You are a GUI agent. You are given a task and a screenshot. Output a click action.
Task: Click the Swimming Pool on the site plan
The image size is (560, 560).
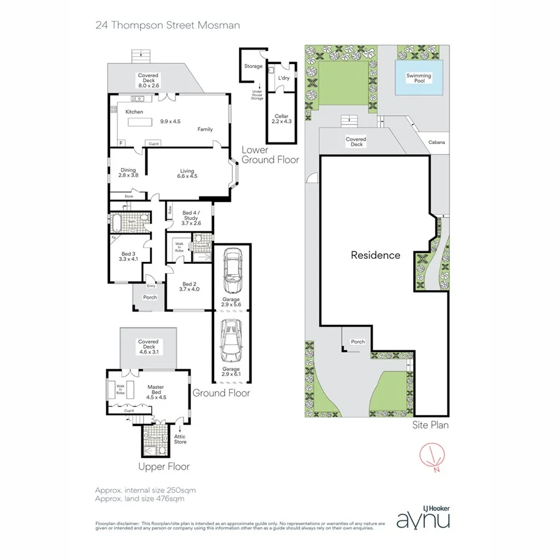(x=419, y=78)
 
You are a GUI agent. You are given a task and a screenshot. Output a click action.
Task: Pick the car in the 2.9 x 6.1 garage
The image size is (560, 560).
(x=232, y=340)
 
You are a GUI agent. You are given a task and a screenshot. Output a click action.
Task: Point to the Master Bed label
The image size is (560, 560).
(x=155, y=391)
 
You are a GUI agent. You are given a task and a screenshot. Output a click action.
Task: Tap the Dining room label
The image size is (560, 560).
(x=128, y=172)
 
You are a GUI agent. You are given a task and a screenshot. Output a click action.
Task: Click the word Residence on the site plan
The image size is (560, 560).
(x=375, y=255)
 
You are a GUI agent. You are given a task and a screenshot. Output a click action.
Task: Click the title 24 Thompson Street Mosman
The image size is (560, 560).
(x=167, y=26)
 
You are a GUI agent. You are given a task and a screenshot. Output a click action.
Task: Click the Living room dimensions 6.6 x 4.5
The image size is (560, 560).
(x=187, y=176)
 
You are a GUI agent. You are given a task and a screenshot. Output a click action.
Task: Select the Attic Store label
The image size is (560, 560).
(x=180, y=440)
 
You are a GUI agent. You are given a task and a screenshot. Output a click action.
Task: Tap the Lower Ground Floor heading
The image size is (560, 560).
(x=270, y=155)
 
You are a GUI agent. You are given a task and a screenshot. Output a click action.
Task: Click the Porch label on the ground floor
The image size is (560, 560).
(x=150, y=297)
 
